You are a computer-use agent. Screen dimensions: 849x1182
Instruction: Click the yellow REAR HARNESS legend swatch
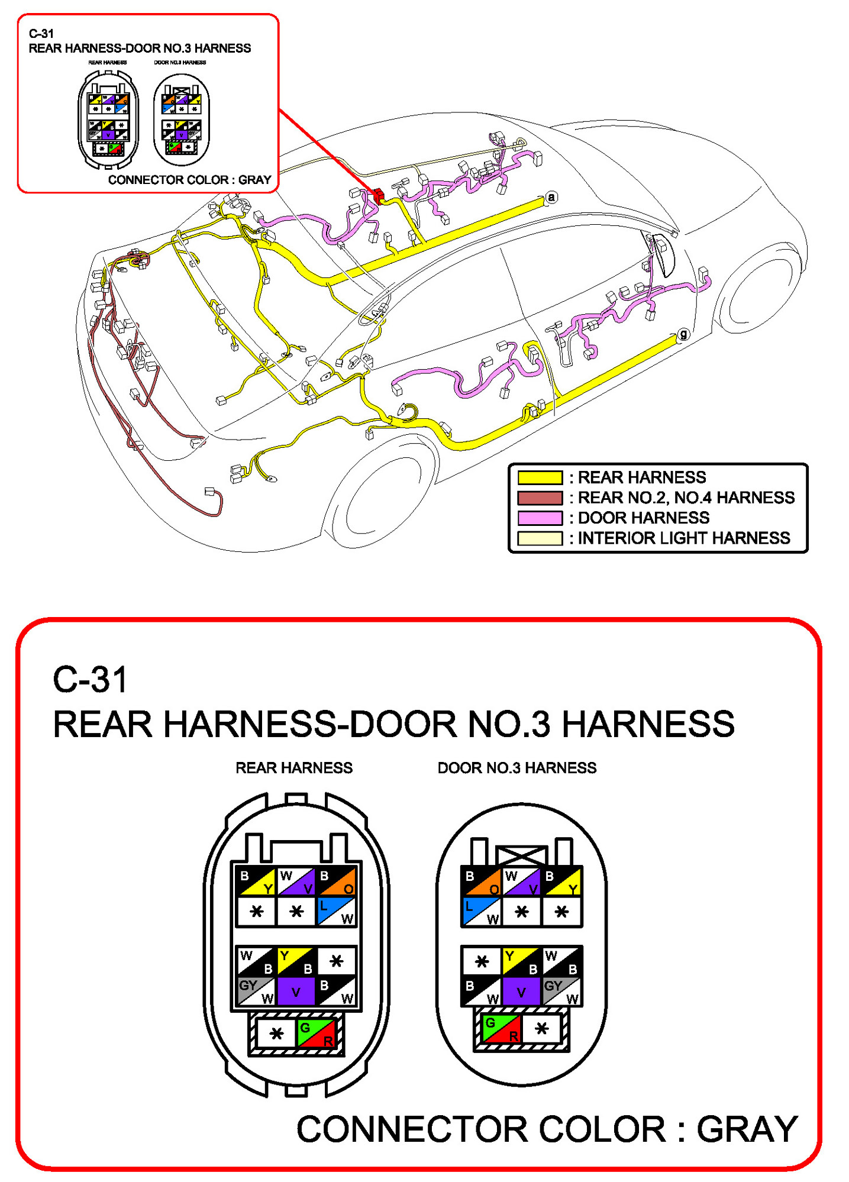pyautogui.click(x=540, y=477)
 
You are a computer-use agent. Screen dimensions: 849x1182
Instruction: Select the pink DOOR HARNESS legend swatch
pyautogui.click(x=540, y=518)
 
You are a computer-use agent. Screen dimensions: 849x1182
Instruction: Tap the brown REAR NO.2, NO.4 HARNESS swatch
pyautogui.click(x=540, y=498)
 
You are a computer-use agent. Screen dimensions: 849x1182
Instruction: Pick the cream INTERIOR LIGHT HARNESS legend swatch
pyautogui.click(x=540, y=538)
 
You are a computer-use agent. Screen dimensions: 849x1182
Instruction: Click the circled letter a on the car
pyautogui.click(x=551, y=197)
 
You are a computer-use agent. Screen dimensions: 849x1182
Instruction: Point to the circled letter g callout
pyautogui.click(x=683, y=334)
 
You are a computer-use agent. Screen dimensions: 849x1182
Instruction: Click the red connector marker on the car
pyautogui.click(x=378, y=196)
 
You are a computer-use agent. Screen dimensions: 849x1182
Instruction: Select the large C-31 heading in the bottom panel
pyautogui.click(x=90, y=679)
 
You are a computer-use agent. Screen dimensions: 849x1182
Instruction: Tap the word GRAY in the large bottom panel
pyautogui.click(x=747, y=1129)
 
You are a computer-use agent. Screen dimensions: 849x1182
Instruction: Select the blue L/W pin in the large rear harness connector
pyautogui.click(x=336, y=912)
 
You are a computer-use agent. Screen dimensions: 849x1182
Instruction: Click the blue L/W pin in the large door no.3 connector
pyautogui.click(x=481, y=912)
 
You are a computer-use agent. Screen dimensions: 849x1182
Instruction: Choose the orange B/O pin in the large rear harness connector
pyautogui.click(x=336, y=881)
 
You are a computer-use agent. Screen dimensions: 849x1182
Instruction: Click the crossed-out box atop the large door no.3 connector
pyautogui.click(x=521, y=855)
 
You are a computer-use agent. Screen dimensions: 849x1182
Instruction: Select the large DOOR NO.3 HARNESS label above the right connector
pyautogui.click(x=516, y=768)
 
